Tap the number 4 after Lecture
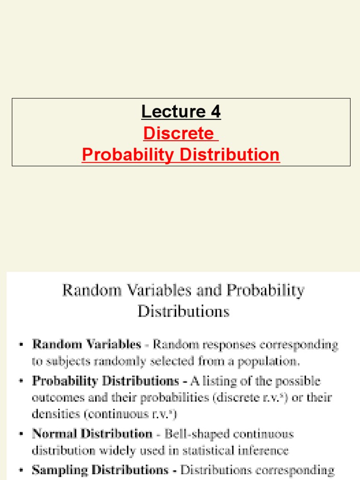215,112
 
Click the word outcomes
53,397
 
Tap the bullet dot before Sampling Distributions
21,470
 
